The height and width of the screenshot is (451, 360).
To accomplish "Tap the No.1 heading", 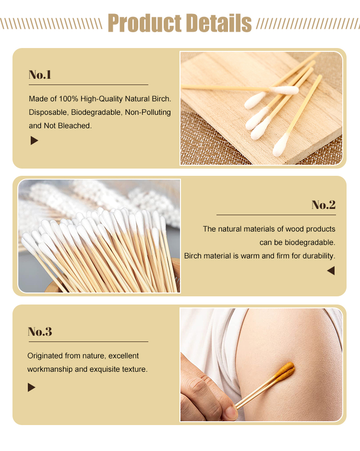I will [x=40, y=75].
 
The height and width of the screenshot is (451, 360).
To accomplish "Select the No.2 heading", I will [x=324, y=205].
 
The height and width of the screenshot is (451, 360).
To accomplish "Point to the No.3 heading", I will [x=40, y=332].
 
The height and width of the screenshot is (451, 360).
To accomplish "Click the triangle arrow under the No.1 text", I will [x=34, y=141].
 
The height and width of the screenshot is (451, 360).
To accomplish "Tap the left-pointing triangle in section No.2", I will [x=331, y=271].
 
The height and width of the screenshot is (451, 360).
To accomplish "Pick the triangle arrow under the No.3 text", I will [x=32, y=387].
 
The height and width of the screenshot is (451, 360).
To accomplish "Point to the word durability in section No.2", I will [x=317, y=256].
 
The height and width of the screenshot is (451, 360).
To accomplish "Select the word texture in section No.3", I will [x=135, y=369].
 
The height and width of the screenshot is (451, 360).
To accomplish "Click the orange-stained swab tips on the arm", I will [x=287, y=370].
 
